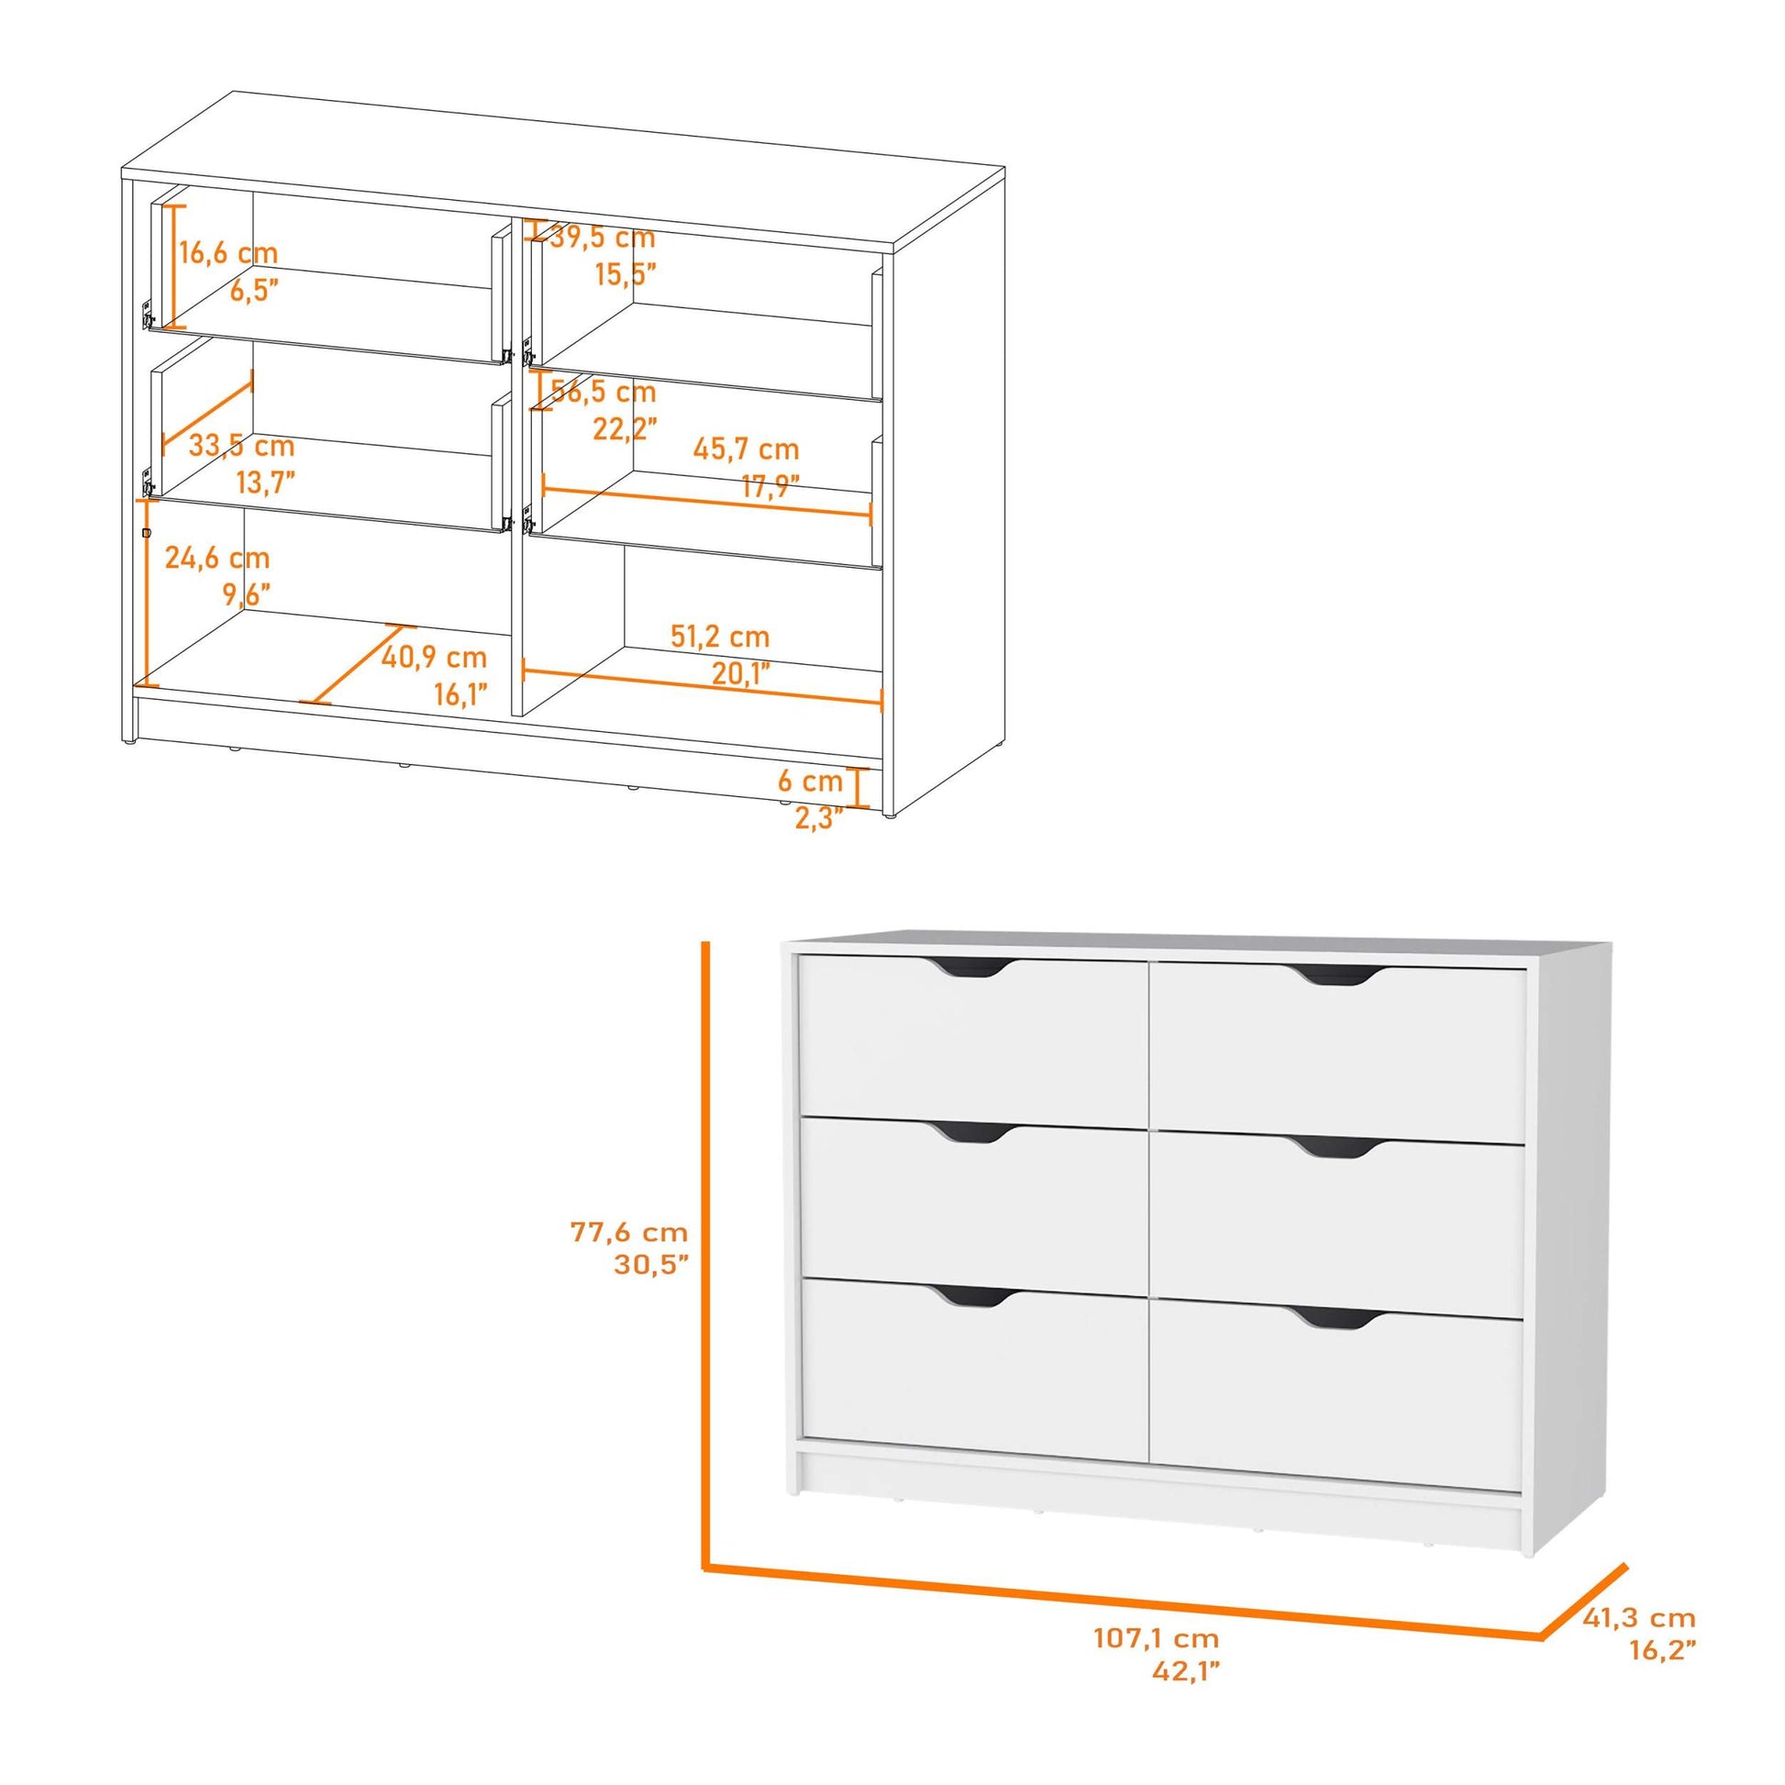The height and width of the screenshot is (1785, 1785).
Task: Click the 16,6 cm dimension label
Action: (x=227, y=252)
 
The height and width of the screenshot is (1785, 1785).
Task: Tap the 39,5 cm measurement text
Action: (x=603, y=238)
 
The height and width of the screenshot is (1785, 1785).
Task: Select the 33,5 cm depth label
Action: (x=241, y=446)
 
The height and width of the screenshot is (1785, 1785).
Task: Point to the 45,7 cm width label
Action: (x=746, y=450)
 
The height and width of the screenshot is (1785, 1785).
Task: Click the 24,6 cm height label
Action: (x=217, y=558)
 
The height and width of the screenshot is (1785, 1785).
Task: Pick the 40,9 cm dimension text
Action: (x=433, y=658)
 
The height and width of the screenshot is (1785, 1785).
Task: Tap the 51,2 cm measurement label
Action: (x=720, y=637)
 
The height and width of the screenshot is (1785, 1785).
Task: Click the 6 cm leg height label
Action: (x=810, y=782)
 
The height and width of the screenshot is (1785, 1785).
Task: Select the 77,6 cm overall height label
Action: (x=629, y=1232)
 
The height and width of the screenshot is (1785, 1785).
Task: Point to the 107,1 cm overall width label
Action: (x=1157, y=1639)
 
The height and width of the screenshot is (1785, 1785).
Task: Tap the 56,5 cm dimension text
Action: (x=604, y=392)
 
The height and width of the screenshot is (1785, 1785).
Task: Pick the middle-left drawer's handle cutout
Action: (x=969, y=1134)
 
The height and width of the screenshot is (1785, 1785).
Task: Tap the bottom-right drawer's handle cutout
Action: (x=1336, y=1318)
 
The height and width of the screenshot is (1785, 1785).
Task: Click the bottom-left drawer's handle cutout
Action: (x=969, y=1296)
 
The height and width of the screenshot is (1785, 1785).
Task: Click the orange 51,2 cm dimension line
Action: (x=703, y=683)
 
